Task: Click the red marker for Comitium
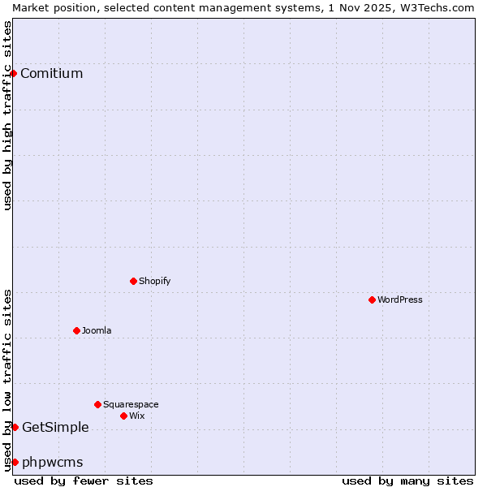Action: pyautogui.click(x=13, y=74)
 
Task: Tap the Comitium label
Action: pyautogui.click(x=51, y=74)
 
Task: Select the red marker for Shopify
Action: pyautogui.click(x=133, y=282)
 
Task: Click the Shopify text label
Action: pyautogui.click(x=154, y=282)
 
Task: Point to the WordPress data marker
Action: pyautogui.click(x=372, y=300)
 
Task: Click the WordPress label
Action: pyautogui.click(x=399, y=300)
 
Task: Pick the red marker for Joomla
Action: pyautogui.click(x=76, y=331)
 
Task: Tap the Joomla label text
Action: pyautogui.click(x=97, y=331)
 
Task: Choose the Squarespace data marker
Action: pyautogui.click(x=97, y=404)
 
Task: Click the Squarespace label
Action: pyautogui.click(x=131, y=404)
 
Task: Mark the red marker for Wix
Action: pyautogui.click(x=123, y=416)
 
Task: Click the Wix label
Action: pyautogui.click(x=137, y=416)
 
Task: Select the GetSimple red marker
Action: pyautogui.click(x=15, y=428)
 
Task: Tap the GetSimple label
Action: pyautogui.click(x=55, y=428)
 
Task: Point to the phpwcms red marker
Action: pyautogui.click(x=15, y=463)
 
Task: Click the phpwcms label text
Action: pyautogui.click(x=52, y=463)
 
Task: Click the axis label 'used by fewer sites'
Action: pyautogui.click(x=84, y=481)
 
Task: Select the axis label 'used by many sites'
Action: pyautogui.click(x=407, y=481)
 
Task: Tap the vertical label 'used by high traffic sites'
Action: pyautogui.click(x=7, y=115)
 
